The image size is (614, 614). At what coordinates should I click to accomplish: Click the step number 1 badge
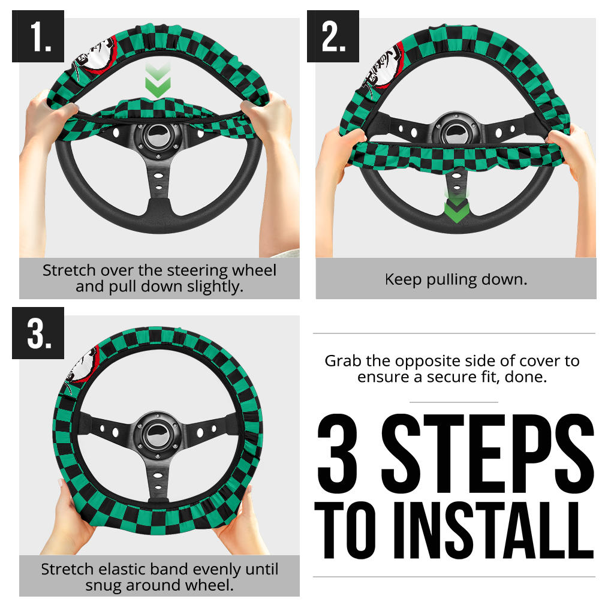(38, 36)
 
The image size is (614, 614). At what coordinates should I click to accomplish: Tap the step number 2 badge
(333, 36)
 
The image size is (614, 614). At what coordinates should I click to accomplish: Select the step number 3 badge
(38, 333)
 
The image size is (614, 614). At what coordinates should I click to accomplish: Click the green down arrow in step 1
(158, 80)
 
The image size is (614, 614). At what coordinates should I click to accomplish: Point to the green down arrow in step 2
(456, 207)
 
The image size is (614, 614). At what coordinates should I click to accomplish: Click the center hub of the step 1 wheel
(158, 137)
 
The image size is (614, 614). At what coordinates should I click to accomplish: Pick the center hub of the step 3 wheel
(158, 435)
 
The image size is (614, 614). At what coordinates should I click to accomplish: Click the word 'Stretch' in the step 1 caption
(69, 270)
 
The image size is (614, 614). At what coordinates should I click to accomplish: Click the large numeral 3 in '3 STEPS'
(338, 453)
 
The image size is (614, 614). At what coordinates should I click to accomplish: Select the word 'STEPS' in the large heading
(487, 453)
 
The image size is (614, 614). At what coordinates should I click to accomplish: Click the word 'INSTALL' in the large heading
(494, 530)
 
